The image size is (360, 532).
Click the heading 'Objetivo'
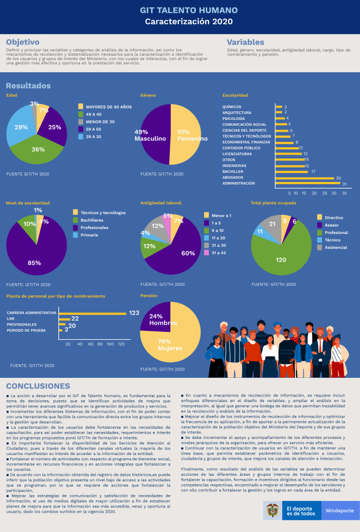[22, 42]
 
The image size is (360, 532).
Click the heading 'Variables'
[245, 42]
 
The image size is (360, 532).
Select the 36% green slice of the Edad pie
[37, 150]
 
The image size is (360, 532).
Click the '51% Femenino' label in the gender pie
[192, 135]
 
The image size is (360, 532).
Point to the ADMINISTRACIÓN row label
[238, 184]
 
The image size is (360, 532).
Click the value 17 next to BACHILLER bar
[313, 172]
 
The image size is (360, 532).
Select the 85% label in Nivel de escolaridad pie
[35, 263]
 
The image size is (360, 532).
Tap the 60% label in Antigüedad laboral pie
[188, 253]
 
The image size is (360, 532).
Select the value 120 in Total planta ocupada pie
[280, 260]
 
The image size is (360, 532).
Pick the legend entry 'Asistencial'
[335, 247]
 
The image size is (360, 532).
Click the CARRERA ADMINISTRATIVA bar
[92, 313]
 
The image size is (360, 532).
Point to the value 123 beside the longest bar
[134, 313]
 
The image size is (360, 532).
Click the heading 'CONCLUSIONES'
[37, 386]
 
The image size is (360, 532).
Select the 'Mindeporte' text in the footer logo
[340, 511]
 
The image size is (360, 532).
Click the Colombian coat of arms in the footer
[273, 511]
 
